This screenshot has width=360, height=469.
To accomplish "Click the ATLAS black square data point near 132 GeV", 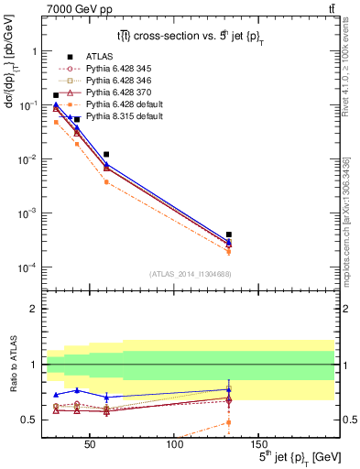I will pyautogui.click(x=228, y=234).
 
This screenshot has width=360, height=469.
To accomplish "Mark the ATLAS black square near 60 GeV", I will pyautogui.click(x=106, y=155).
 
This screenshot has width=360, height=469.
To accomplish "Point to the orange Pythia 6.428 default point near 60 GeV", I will pyautogui.click(x=106, y=182).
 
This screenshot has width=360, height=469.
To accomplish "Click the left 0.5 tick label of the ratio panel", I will pyautogui.click(x=29, y=420).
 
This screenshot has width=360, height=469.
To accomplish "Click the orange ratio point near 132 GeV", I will pyautogui.click(x=228, y=422).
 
